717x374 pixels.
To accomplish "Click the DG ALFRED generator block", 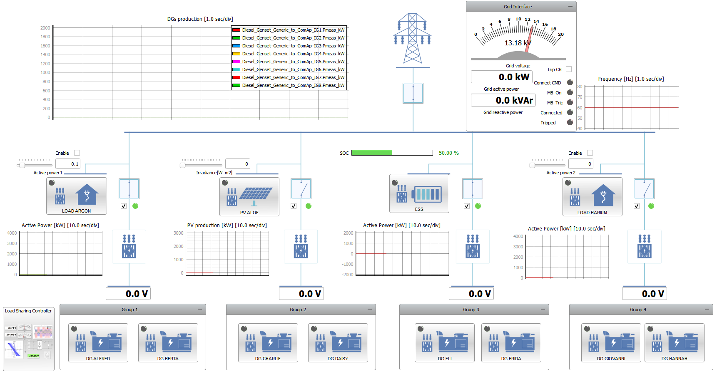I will click(x=98, y=343).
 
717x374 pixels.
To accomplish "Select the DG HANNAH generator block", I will click(x=674, y=343).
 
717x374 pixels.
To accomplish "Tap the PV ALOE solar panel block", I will click(x=249, y=197).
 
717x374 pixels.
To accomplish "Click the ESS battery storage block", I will click(x=419, y=193).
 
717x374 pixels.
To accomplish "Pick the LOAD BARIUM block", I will click(x=592, y=197).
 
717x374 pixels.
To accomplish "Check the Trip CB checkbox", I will click(x=569, y=69).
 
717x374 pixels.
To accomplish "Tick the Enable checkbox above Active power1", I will click(x=77, y=153).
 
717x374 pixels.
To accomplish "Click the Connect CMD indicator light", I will click(x=570, y=82).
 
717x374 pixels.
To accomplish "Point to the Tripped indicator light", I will click(x=570, y=122).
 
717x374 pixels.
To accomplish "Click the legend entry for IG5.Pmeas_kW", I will click(x=289, y=62).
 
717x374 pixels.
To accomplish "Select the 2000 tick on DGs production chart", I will click(x=45, y=28).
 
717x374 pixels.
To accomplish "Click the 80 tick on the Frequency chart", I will click(x=580, y=87).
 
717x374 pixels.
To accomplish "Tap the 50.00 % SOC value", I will click(x=448, y=153).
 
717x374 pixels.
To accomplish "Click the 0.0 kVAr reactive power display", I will click(x=503, y=100).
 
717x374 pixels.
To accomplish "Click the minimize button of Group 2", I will click(x=370, y=309).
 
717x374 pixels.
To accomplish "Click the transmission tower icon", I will click(x=412, y=38).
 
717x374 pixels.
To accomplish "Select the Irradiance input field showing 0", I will click(x=237, y=164).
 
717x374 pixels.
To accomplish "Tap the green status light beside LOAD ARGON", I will click(x=135, y=206).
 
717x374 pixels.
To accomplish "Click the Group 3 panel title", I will click(x=471, y=310).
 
